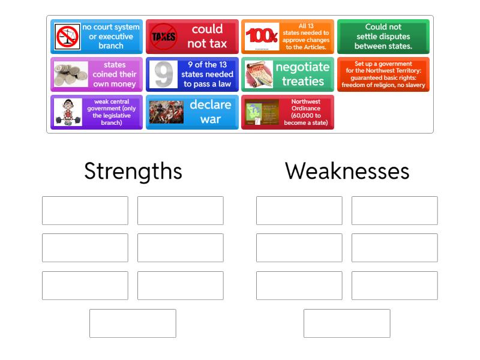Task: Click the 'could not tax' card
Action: point(192,37)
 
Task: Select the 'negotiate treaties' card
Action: point(287,74)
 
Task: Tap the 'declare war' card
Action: point(192,112)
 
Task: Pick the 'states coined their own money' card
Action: point(97,74)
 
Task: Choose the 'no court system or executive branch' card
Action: point(97,37)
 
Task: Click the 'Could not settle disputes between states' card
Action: point(383,37)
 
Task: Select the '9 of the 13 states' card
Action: point(192,74)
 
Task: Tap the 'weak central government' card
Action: point(97,112)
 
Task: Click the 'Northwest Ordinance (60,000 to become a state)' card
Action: point(287,112)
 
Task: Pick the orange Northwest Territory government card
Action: point(383,74)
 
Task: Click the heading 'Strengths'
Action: point(133,171)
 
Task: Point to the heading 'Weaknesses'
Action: point(347,171)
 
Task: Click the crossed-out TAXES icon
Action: point(163,37)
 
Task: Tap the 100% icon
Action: point(261,37)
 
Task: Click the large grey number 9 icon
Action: point(163,74)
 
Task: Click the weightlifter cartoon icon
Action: point(68,112)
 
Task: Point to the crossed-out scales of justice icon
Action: point(68,37)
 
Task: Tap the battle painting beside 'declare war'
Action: point(166,112)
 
